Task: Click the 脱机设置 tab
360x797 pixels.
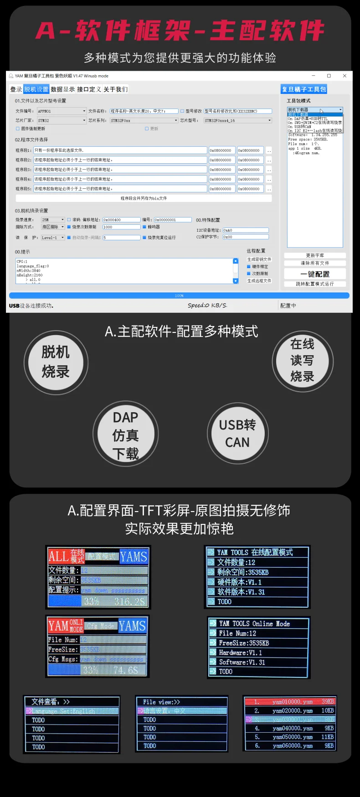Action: pyautogui.click(x=36, y=89)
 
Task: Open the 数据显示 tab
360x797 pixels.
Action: pyautogui.click(x=62, y=89)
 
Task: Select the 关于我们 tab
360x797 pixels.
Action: pyautogui.click(x=115, y=89)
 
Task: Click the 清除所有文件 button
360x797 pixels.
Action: pyautogui.click(x=315, y=263)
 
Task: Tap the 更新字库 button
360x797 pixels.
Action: pyautogui.click(x=315, y=255)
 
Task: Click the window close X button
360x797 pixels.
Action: pyautogui.click(x=345, y=76)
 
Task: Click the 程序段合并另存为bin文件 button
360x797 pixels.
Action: pyautogui.click(x=144, y=198)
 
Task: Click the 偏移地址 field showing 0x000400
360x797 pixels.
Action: pyautogui.click(x=121, y=220)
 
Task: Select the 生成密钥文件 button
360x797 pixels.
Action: pyautogui.click(x=259, y=259)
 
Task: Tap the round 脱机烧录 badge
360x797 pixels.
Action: pyautogui.click(x=56, y=362)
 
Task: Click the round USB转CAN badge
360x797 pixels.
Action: pyautogui.click(x=237, y=433)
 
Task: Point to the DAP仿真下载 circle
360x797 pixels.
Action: pyautogui.click(x=125, y=434)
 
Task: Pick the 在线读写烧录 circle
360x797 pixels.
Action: pyautogui.click(x=303, y=361)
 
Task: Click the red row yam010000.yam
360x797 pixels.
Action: pyautogui.click(x=290, y=702)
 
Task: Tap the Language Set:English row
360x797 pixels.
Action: pyautogui.click(x=72, y=711)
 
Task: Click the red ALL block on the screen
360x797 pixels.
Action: pyautogui.click(x=59, y=556)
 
